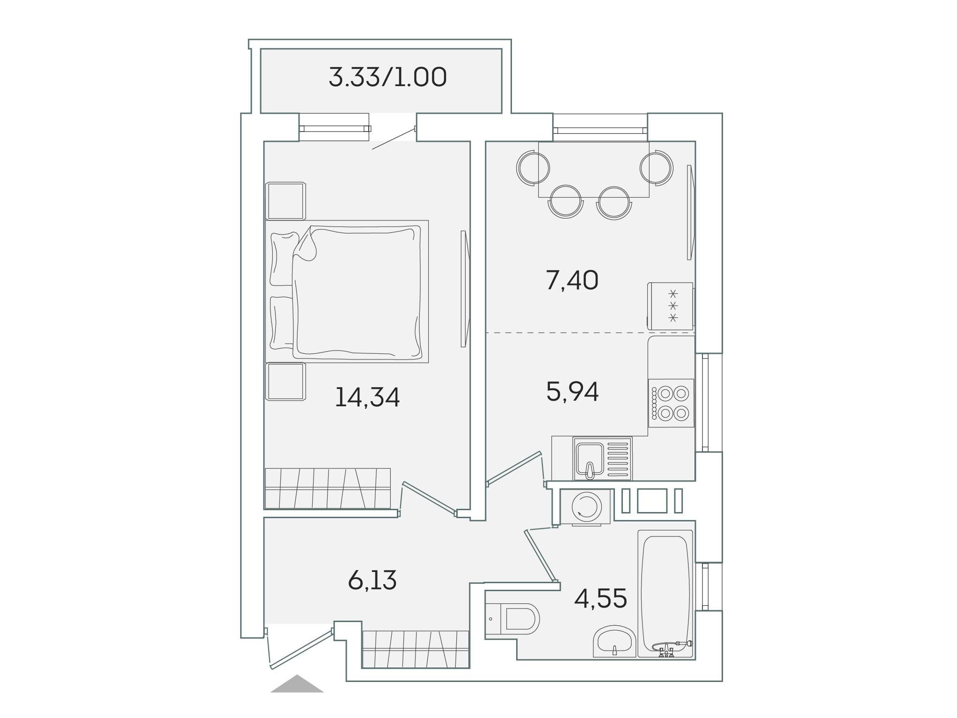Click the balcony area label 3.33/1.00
click(x=387, y=78)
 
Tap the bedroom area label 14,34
click(x=367, y=397)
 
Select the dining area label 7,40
click(x=572, y=281)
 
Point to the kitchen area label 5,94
click(x=572, y=392)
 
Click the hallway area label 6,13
click(x=372, y=580)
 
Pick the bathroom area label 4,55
click(x=600, y=598)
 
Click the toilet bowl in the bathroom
click(x=512, y=618)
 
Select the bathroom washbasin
click(x=614, y=641)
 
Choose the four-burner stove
click(x=671, y=403)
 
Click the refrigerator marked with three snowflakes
click(x=670, y=306)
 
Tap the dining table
click(x=593, y=169)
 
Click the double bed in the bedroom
click(x=347, y=291)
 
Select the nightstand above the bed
click(x=285, y=201)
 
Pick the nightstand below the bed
click(x=285, y=381)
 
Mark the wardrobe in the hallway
click(x=416, y=649)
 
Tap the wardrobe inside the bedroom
click(x=328, y=488)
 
